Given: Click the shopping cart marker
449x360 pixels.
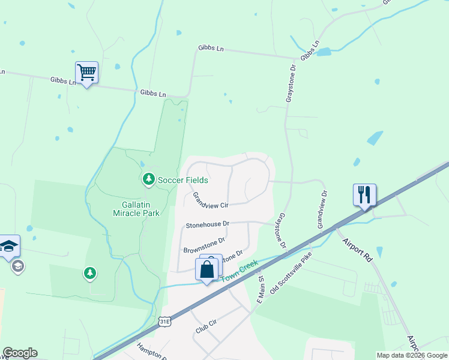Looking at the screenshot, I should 87,73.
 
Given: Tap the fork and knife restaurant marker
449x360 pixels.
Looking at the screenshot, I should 364,195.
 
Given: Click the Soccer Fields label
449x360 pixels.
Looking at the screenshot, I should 182,179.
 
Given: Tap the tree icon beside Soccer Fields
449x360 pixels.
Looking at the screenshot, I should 148,179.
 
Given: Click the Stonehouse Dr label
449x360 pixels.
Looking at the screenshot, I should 208,224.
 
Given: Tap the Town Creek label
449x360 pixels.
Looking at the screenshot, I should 240,271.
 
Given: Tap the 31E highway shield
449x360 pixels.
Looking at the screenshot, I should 165,322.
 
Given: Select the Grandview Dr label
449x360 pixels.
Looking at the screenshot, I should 322,209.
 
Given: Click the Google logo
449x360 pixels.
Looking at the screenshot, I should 20,353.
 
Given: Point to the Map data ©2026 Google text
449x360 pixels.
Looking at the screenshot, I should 411,355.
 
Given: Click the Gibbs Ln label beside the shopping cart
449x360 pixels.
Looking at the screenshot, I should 63,80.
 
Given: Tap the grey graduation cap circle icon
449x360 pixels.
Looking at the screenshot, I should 18,266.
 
